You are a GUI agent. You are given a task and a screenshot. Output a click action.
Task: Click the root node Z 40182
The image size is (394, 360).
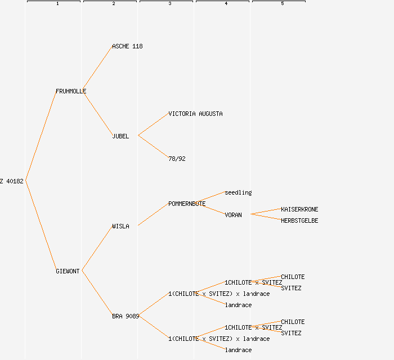coord(12,181)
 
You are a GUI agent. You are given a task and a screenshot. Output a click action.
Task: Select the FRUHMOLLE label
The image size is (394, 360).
coord(71,91)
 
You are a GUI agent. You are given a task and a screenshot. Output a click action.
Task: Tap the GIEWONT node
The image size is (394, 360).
coord(68,271)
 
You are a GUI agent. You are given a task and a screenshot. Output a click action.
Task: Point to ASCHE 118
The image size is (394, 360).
coord(127,46)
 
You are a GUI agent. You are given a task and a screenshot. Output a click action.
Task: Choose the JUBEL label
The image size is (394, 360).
coord(120,136)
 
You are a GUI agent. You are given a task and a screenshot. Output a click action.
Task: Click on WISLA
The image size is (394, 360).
coord(120,226)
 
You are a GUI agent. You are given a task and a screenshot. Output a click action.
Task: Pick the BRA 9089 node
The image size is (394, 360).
coord(126,316)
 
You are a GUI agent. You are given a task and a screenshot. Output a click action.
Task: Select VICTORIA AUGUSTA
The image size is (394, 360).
coord(195,114)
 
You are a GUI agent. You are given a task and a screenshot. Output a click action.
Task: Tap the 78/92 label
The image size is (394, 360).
coord(177,159)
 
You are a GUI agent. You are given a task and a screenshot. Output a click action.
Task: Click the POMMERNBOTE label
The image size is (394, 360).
coord(187,204)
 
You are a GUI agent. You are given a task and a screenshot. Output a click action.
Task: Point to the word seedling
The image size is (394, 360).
coord(238,192)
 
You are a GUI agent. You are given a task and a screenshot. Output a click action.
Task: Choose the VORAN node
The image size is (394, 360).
coord(233,215)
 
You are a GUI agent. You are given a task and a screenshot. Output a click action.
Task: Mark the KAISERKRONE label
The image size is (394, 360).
coord(299,209)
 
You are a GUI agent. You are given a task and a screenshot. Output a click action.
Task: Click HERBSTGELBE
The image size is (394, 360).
coord(299,220)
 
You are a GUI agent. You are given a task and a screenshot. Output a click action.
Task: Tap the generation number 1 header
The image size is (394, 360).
coord(57,4)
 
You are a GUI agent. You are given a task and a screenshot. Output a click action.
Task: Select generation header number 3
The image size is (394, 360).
coord(170,4)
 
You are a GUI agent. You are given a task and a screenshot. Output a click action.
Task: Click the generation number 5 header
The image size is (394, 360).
coord(283,4)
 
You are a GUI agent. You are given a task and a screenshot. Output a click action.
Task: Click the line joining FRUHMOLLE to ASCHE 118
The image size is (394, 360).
coord(97,69)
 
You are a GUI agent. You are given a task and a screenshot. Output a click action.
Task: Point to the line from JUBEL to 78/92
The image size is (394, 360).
coord(153,147)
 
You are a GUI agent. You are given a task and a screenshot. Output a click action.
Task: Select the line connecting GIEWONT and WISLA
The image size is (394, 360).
coord(97,249)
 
